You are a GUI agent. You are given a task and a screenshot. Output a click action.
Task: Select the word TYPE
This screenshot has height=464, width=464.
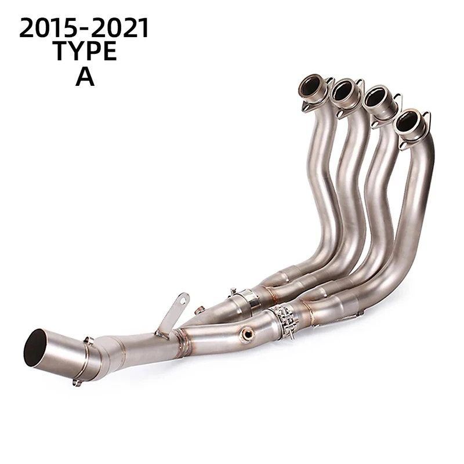click(x=85, y=53)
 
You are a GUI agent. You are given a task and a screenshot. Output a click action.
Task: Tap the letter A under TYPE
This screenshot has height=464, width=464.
click(x=85, y=77)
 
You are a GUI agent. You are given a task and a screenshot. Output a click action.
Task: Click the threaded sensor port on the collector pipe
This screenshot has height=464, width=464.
click(x=248, y=333)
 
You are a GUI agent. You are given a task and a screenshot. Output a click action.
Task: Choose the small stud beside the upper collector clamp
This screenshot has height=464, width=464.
click(x=233, y=289)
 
